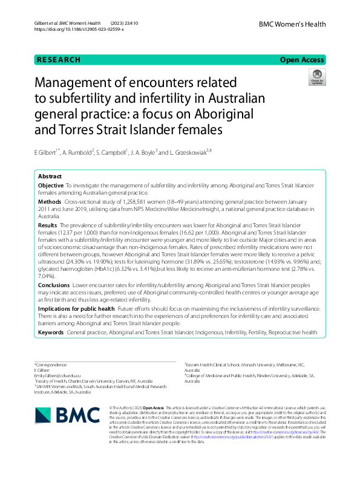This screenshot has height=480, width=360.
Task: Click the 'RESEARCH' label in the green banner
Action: click(x=58, y=60)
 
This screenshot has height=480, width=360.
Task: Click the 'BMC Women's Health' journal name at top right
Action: click(x=292, y=24)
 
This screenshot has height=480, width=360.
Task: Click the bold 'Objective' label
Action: click(x=50, y=185)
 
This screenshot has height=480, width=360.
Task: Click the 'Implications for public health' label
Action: click(x=76, y=308)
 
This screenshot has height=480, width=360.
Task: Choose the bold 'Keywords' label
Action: click(x=51, y=332)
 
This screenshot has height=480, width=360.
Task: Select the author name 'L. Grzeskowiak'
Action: click(x=188, y=152)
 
